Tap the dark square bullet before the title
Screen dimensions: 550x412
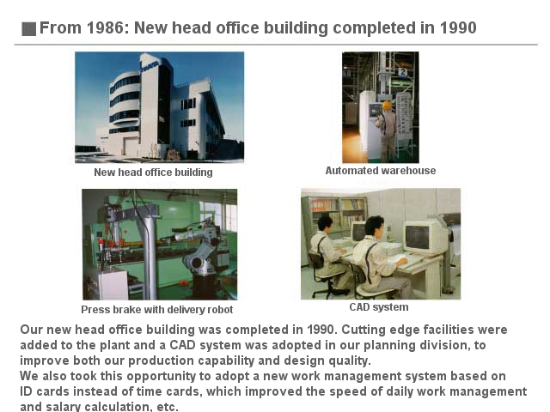coord(28,28)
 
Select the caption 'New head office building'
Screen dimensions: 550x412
coord(153,173)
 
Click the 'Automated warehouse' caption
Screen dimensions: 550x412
coord(381,171)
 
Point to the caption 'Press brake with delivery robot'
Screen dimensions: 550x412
coord(156,310)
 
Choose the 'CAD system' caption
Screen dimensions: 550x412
coord(379,307)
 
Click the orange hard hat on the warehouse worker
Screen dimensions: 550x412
coord(386,105)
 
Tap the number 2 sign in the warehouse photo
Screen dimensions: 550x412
coord(403,72)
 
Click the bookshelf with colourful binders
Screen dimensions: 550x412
coord(338,212)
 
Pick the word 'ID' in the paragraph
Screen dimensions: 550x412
coord(26,391)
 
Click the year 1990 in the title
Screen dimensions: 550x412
coord(458,28)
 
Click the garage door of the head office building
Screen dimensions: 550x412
coord(131,147)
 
